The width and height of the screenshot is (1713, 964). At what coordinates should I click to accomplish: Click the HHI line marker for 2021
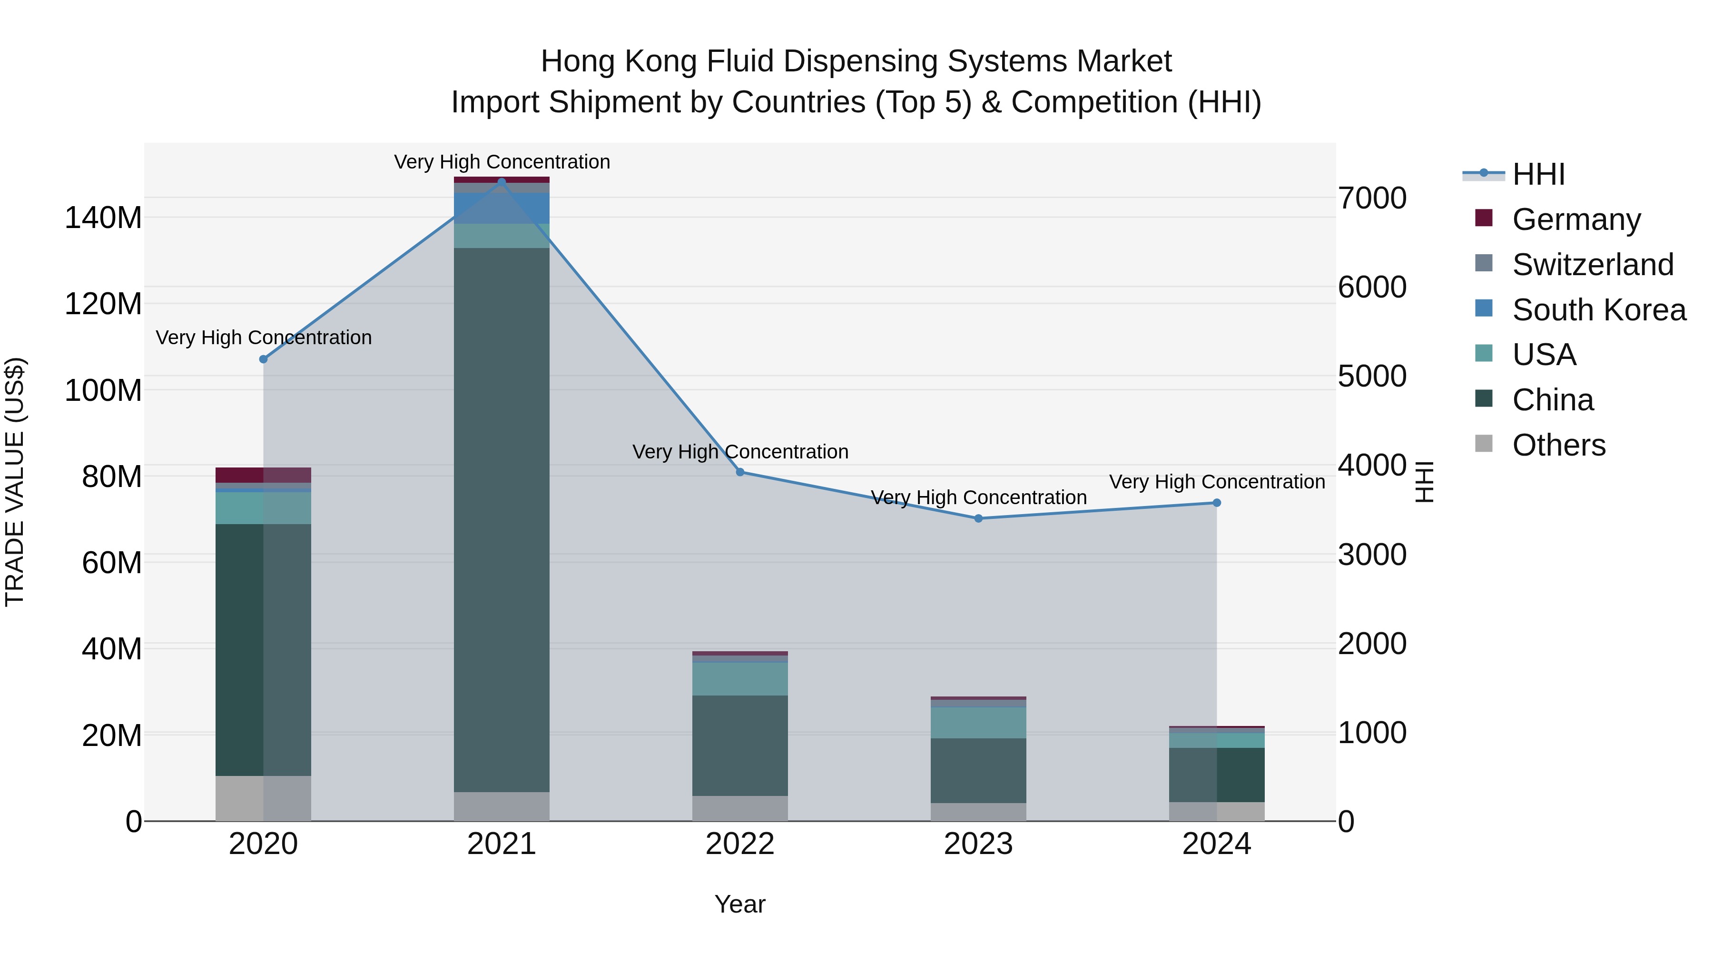(502, 182)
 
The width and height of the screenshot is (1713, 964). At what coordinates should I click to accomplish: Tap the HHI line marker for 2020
(263, 359)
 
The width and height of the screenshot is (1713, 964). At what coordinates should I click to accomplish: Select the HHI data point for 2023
(978, 518)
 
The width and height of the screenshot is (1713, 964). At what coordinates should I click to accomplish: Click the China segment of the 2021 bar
(502, 519)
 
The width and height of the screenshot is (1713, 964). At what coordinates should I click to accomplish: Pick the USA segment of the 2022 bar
(739, 678)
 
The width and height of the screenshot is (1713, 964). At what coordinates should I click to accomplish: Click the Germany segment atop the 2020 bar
(263, 475)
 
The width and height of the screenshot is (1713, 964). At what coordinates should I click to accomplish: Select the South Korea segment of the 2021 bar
(502, 208)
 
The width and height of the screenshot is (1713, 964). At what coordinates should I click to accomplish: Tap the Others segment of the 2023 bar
(978, 812)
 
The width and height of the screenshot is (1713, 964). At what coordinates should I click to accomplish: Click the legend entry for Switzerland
(1592, 265)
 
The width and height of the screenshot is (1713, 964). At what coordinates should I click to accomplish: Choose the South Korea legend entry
(1599, 310)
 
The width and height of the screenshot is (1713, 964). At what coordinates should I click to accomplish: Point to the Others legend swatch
(1484, 444)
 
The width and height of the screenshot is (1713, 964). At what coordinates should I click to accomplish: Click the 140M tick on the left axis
(103, 218)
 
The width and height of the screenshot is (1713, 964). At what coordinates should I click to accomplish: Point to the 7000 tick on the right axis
(1372, 198)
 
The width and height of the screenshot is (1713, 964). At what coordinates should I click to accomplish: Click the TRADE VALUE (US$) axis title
(15, 482)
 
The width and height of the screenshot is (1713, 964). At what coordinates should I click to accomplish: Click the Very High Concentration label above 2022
(739, 452)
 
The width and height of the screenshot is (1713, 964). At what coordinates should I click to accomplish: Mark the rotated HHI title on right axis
(1424, 482)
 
